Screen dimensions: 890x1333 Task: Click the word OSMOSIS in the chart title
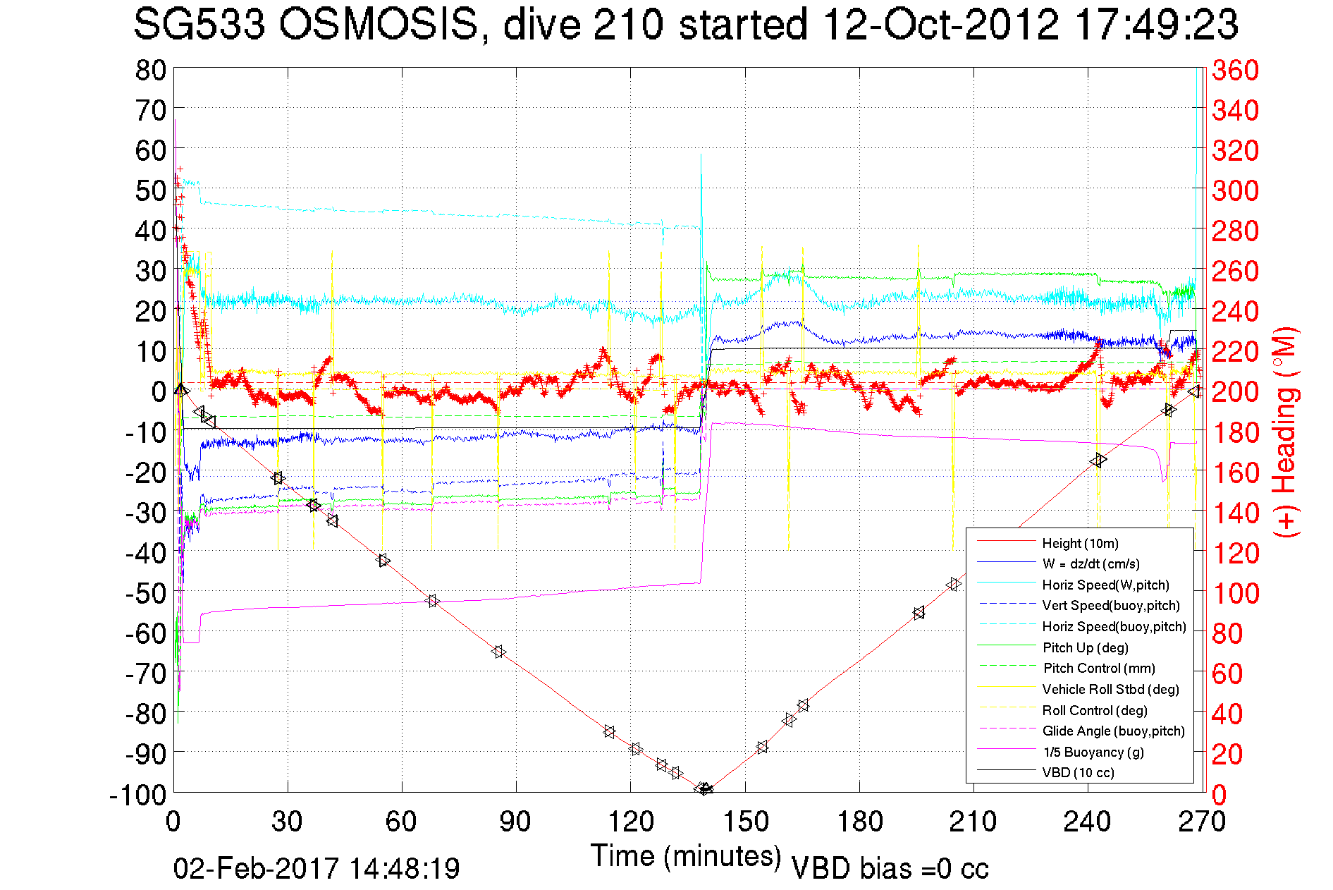tap(379, 25)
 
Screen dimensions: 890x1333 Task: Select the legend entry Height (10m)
tap(1080, 543)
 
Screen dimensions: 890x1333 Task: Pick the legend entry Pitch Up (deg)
tap(1085, 647)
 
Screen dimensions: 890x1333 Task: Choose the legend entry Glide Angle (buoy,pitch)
tap(1113, 731)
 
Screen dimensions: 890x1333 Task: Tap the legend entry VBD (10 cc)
tap(1078, 772)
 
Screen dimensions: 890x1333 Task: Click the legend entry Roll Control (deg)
tap(1094, 710)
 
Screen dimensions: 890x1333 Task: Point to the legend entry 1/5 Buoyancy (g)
tap(1093, 752)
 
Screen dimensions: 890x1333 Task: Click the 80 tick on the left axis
tap(150, 70)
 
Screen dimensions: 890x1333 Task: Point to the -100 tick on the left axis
tap(137, 795)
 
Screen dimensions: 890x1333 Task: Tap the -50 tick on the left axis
tap(145, 593)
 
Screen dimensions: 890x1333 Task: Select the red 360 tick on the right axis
tap(1235, 70)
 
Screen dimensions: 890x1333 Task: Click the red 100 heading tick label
tap(1235, 593)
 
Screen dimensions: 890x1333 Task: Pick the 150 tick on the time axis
tap(745, 822)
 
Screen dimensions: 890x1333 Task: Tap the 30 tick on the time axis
tap(288, 822)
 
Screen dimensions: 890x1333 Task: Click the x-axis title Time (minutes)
tap(686, 855)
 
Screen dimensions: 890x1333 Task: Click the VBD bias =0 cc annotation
tap(890, 868)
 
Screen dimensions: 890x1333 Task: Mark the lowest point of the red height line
tap(704, 789)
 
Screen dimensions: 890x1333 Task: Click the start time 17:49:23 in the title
tap(1156, 25)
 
